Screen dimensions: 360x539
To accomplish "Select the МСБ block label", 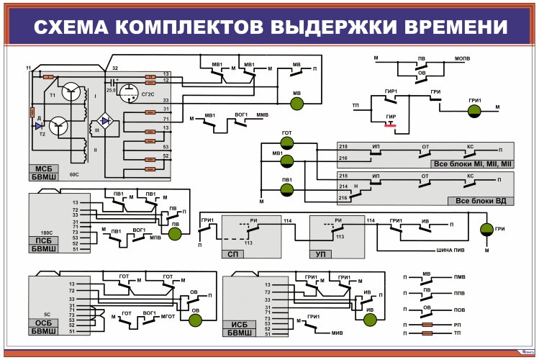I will pos(41,168).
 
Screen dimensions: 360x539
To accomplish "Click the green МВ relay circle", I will pos(296,104).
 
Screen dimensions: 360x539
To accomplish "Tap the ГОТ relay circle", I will pos(286,143).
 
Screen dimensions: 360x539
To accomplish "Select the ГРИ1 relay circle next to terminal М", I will pos(474,110).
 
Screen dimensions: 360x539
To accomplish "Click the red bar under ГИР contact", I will pos(390,125).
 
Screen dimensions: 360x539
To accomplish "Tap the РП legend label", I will pos(458,325).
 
